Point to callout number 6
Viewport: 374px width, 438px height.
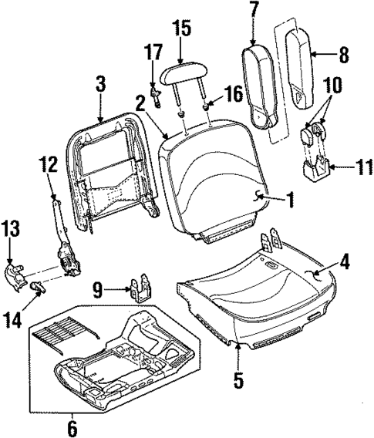coord(72,426)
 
